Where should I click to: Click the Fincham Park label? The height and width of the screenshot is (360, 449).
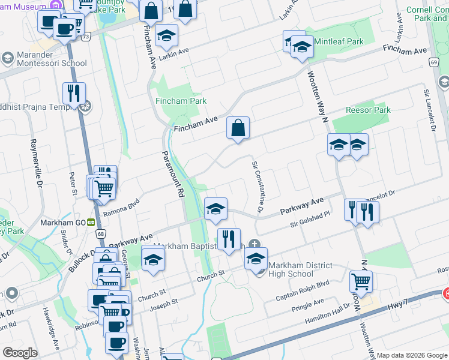coord(181,101)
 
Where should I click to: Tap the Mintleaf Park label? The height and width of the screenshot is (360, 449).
coord(339,42)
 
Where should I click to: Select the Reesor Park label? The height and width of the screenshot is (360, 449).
coord(369,110)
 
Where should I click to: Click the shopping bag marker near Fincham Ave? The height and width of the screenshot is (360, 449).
coord(238,127)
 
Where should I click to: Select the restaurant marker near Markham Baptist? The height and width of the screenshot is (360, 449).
coord(228,239)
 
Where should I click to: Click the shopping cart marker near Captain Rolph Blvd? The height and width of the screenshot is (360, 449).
coord(361,280)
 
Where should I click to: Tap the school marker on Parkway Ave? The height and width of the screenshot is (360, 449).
coord(215,208)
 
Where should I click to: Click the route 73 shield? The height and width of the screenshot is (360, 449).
coord(87,37)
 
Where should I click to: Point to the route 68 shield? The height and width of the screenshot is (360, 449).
coord(100,233)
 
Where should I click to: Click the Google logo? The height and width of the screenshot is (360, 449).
coord(20,353)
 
